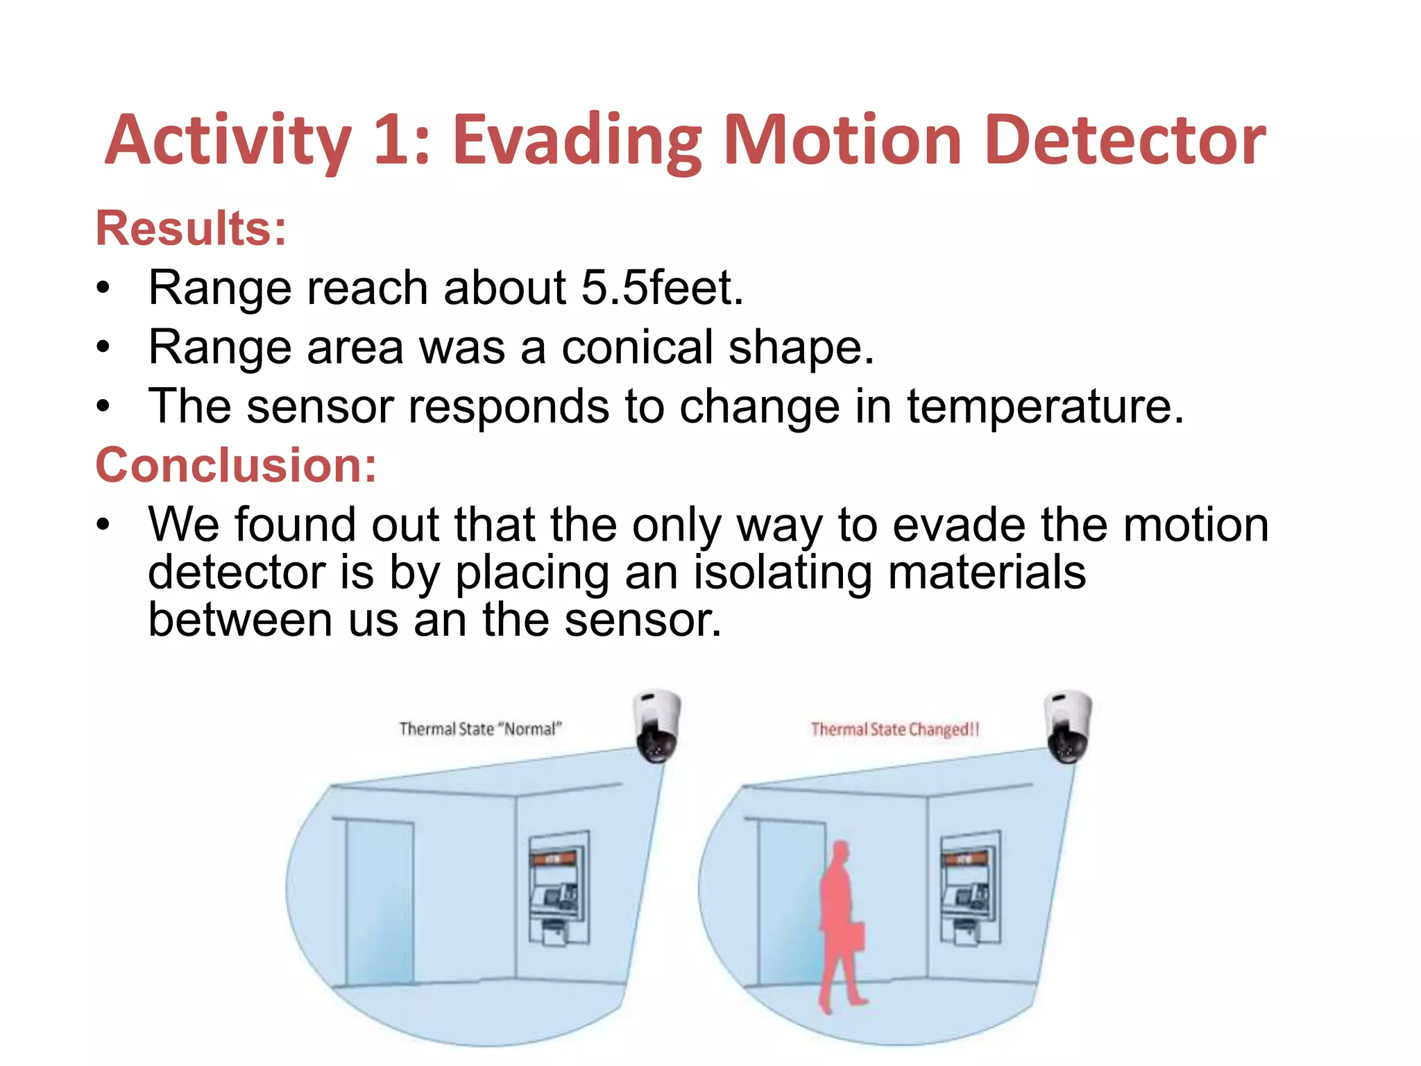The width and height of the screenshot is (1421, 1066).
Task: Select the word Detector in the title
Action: (1125, 141)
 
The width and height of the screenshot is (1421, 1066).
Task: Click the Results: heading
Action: (191, 228)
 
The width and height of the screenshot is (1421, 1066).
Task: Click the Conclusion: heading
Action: (236, 465)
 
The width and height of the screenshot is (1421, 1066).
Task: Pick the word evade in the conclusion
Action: (959, 525)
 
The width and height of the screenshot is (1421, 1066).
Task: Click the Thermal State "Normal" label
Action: (479, 729)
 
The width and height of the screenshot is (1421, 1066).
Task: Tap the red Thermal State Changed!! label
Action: (894, 729)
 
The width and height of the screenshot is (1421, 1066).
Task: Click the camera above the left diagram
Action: (657, 726)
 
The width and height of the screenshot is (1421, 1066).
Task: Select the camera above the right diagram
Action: (1069, 726)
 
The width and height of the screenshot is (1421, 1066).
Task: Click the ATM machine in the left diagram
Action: (559, 888)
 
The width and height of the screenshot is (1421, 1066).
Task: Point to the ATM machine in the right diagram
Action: (970, 888)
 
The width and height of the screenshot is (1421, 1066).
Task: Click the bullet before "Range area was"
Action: (103, 347)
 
